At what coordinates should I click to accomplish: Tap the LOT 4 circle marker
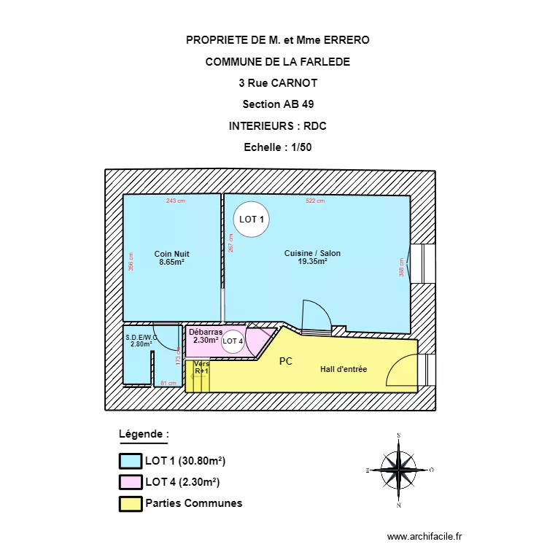233,341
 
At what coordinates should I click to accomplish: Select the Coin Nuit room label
171,257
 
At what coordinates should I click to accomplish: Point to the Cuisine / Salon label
312,257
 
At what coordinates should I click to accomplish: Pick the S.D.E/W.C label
141,341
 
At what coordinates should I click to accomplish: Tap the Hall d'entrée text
343,370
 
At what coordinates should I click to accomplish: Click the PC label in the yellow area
286,361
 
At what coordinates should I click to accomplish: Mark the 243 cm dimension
175,201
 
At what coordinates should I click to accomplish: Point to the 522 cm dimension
315,201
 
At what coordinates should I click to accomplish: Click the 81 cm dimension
168,383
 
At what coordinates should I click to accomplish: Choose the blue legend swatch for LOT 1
130,461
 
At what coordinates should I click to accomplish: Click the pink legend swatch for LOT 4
130,482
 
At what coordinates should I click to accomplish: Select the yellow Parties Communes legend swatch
130,503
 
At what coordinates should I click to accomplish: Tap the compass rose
398,470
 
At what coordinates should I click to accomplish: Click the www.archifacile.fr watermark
424,536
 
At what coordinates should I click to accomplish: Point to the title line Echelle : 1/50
278,147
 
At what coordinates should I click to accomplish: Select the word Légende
141,434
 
